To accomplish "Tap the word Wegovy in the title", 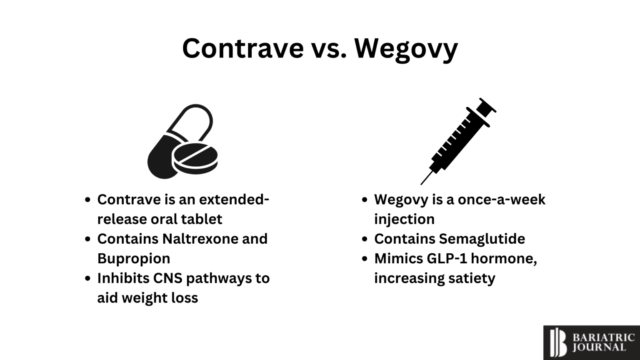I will (406, 48).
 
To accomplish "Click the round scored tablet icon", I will (195, 158).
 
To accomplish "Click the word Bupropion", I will (134, 258).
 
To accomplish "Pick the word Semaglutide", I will (481, 239).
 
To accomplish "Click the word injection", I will (404, 219).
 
